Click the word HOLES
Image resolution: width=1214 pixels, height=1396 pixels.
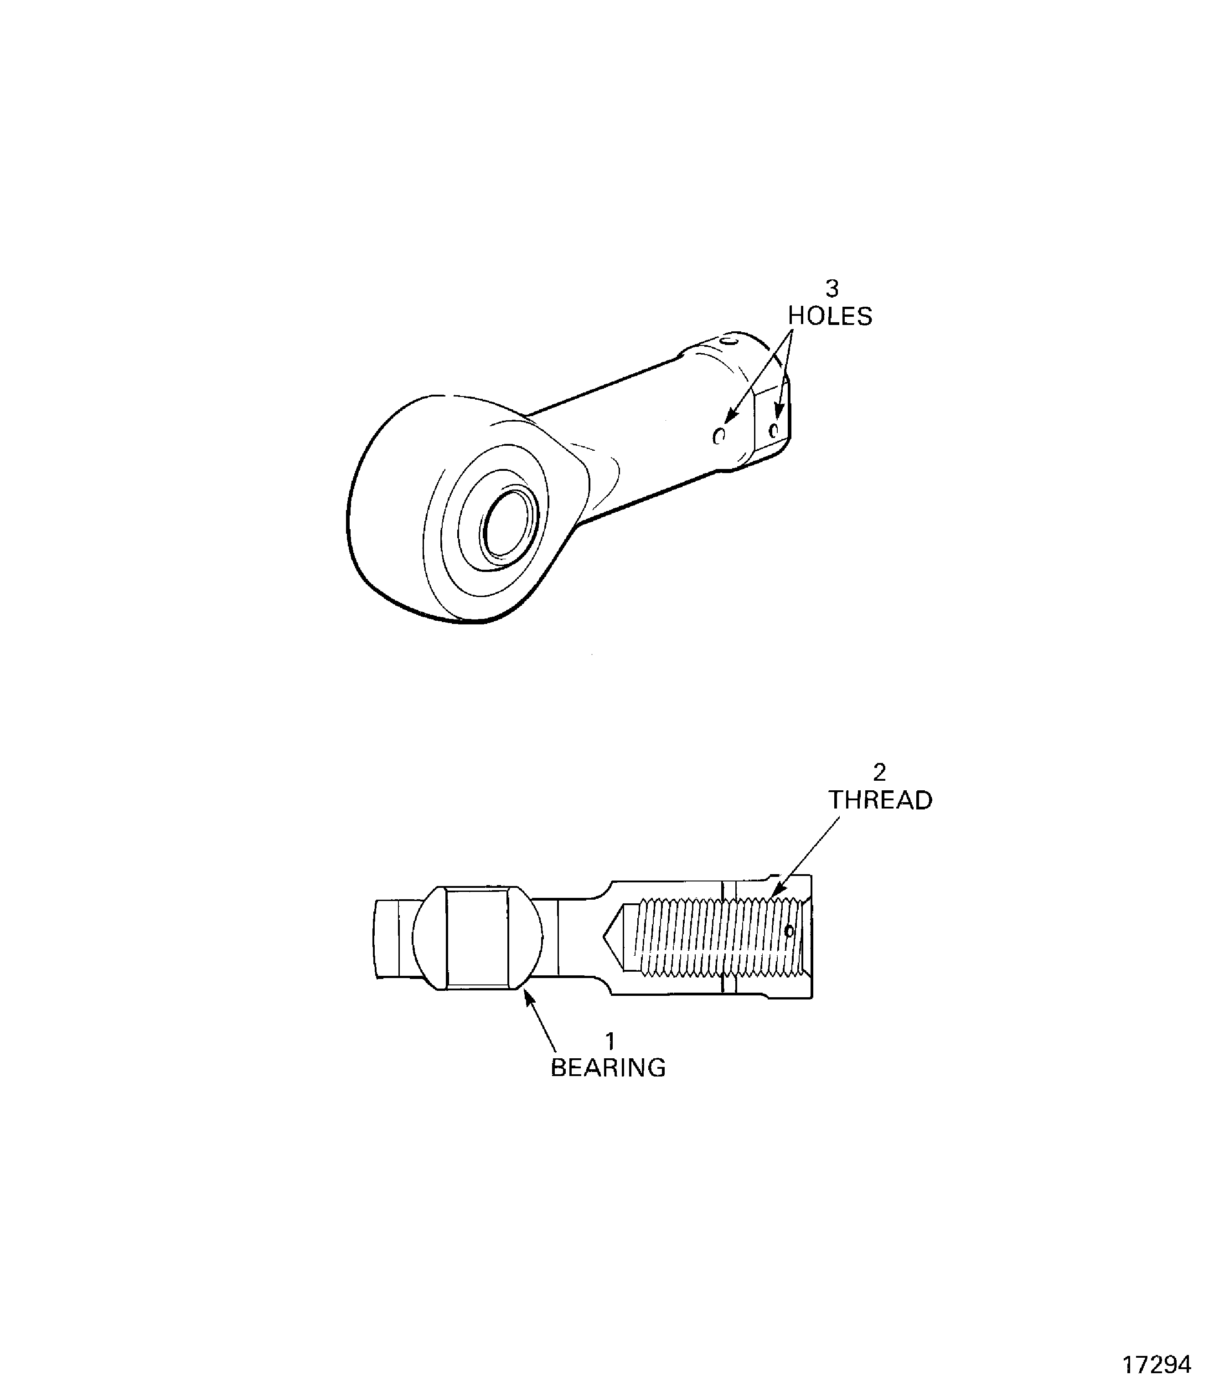[x=830, y=316]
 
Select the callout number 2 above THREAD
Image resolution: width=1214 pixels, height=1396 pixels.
[x=879, y=772]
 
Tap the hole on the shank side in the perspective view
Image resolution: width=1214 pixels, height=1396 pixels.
[x=719, y=436]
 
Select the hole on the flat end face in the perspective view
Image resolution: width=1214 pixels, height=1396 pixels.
[x=773, y=429]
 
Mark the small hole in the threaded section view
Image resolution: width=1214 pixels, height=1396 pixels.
[x=789, y=931]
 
